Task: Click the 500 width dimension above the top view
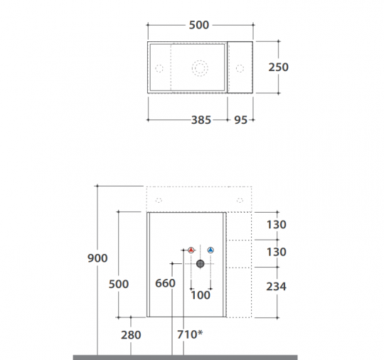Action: pyautogui.click(x=199, y=25)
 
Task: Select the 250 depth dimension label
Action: pyautogui.click(x=279, y=67)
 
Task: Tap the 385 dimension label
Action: pyautogui.click(x=201, y=120)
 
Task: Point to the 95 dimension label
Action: pyautogui.click(x=241, y=120)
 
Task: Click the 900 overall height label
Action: pyautogui.click(x=97, y=258)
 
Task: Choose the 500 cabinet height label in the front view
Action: pyautogui.click(x=119, y=284)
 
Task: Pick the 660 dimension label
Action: pyautogui.click(x=165, y=283)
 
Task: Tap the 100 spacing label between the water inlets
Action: pyautogui.click(x=201, y=295)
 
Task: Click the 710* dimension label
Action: pyautogui.click(x=190, y=334)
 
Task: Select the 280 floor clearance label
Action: pyautogui.click(x=131, y=335)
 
